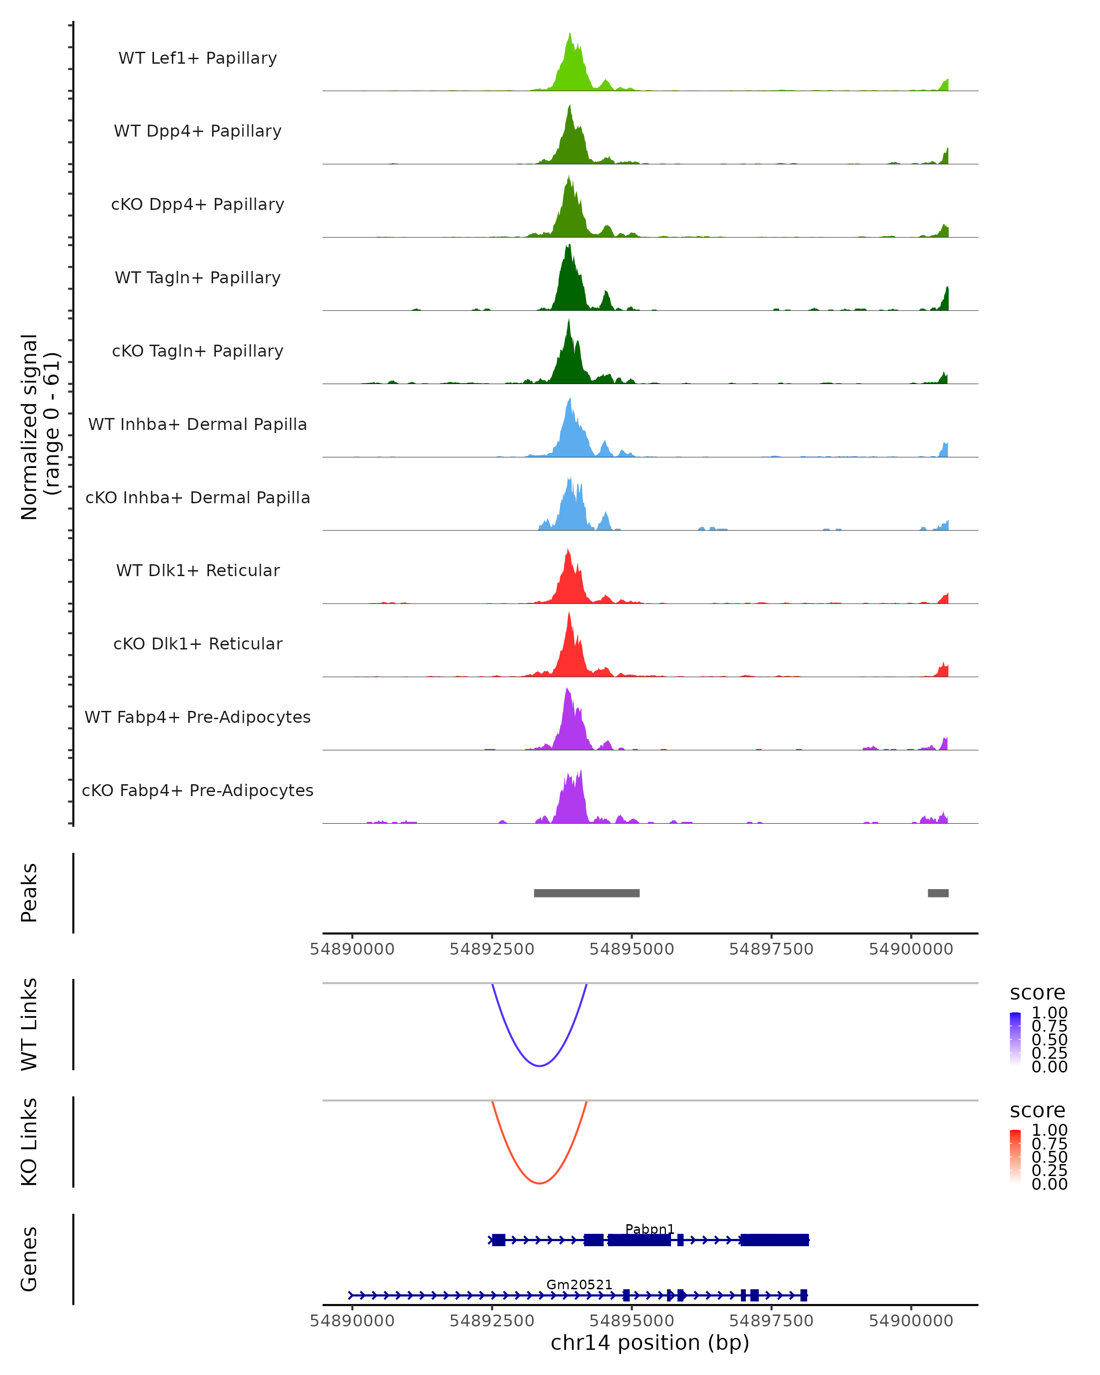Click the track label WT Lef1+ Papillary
pyautogui.click(x=198, y=58)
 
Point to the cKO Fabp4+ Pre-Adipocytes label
pyautogui.click(x=198, y=790)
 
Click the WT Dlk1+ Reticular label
pyautogui.click(x=198, y=570)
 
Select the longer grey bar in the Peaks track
pyautogui.click(x=587, y=893)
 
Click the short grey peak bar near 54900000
pyautogui.click(x=938, y=893)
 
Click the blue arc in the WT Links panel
pyautogui.click(x=539, y=1065)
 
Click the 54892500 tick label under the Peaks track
pyautogui.click(x=492, y=949)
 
